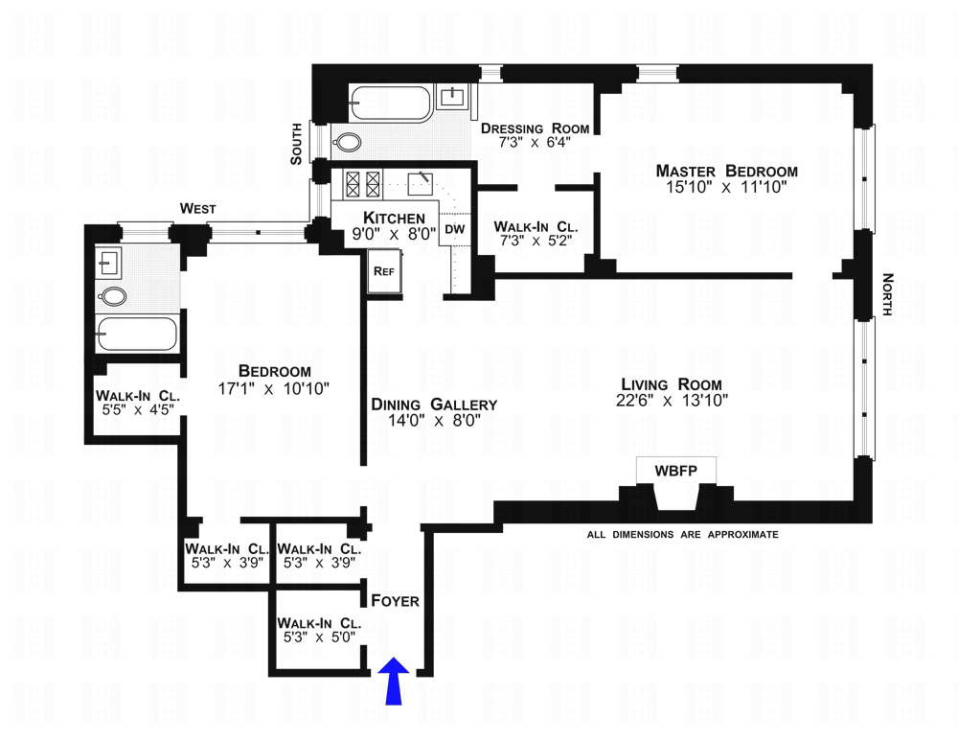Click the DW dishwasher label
coord(454,230)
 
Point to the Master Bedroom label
coord(726,171)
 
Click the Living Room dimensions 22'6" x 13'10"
coord(673,401)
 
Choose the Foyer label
coord(396,601)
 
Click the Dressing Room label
coord(535,128)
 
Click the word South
coord(296,144)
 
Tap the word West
coord(197,208)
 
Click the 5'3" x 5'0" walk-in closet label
coord(318,634)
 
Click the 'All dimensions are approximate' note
coord(682,534)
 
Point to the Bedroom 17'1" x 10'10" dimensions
coord(274,388)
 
